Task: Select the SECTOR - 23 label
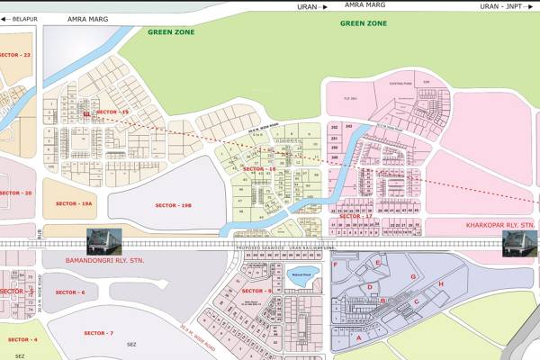pyautogui.click(x=15, y=56)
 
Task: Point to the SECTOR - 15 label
pyautogui.click(x=113, y=112)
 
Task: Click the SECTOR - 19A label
pyautogui.click(x=74, y=204)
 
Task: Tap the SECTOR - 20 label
pyautogui.click(x=15, y=193)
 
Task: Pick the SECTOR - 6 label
pyautogui.click(x=70, y=292)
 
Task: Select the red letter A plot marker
pyautogui.click(x=360, y=338)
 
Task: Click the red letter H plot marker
pyautogui.click(x=441, y=284)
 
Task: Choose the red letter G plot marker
pyautogui.click(x=412, y=276)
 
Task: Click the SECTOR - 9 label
pyautogui.click(x=256, y=291)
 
